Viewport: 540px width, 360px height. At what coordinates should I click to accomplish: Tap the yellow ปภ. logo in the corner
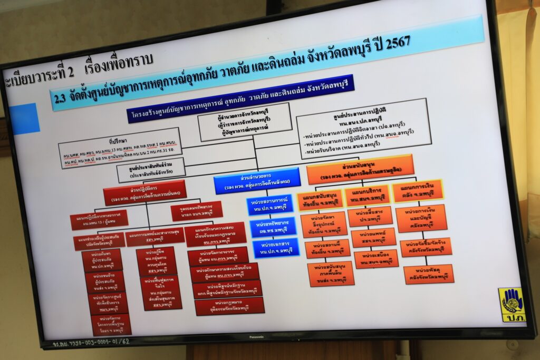[512, 305]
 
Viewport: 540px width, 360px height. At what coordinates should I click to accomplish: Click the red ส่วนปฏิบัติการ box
[145, 192]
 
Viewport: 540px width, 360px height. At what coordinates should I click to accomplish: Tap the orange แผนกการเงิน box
[418, 191]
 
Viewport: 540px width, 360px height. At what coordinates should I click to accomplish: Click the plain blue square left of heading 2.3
[24, 119]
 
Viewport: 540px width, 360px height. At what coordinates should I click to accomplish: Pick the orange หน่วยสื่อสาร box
[370, 216]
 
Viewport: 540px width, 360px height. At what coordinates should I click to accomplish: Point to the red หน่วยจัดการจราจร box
[218, 256]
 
